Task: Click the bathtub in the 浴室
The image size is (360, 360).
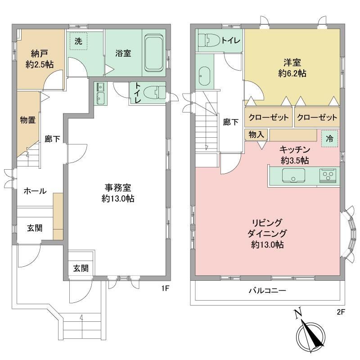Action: coord(154,53)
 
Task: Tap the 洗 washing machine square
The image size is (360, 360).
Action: coord(78,41)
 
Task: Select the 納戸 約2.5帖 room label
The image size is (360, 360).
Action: coord(40,59)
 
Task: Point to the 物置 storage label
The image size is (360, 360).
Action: coord(27,120)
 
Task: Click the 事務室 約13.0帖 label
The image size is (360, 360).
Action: coord(118,193)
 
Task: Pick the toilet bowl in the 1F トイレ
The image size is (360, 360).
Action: coord(154,92)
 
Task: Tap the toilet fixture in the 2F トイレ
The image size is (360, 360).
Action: coord(209,40)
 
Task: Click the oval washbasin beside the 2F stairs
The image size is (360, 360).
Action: coord(204,76)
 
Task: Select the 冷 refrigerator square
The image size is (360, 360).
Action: coord(329,139)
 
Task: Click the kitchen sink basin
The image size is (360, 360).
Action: coord(293,175)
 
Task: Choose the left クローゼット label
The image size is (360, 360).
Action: coord(268,117)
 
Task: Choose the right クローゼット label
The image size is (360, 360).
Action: coord(317,117)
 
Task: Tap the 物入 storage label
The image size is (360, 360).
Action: coord(256,135)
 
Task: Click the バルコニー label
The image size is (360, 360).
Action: coord(267,291)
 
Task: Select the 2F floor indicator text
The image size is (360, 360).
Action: coord(341,312)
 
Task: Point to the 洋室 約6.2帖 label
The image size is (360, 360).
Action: coord(292,68)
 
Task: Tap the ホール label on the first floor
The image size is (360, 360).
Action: coord(35,191)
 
